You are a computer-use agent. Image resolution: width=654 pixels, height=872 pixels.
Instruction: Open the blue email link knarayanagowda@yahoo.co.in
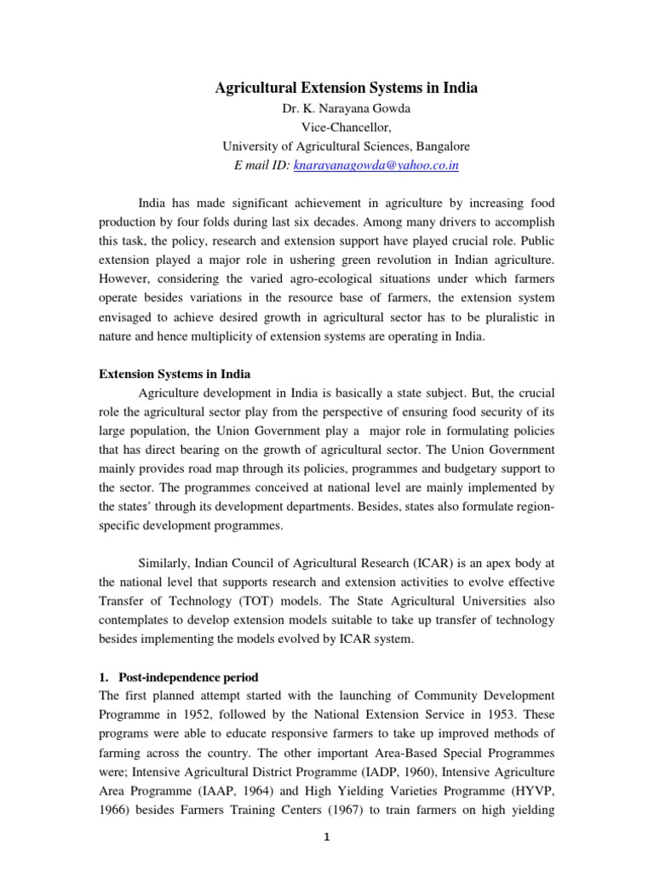pyautogui.click(x=376, y=166)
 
